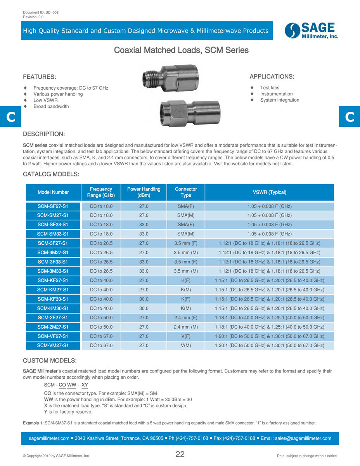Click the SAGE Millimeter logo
pos(312,31)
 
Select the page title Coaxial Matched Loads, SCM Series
pos(181,50)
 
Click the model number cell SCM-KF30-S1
pos(53,299)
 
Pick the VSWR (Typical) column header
pos(269,192)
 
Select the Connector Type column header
pos(186,192)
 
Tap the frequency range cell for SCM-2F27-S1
pos(101,318)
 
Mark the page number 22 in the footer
pos(180,454)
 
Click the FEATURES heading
pos(40,76)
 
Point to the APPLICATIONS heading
pos(272,76)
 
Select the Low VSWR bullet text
pos(45,100)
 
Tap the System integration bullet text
pos(280,100)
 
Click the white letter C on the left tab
pos(10,117)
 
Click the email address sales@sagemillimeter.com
pos(303,438)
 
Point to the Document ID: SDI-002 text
pos(41,13)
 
